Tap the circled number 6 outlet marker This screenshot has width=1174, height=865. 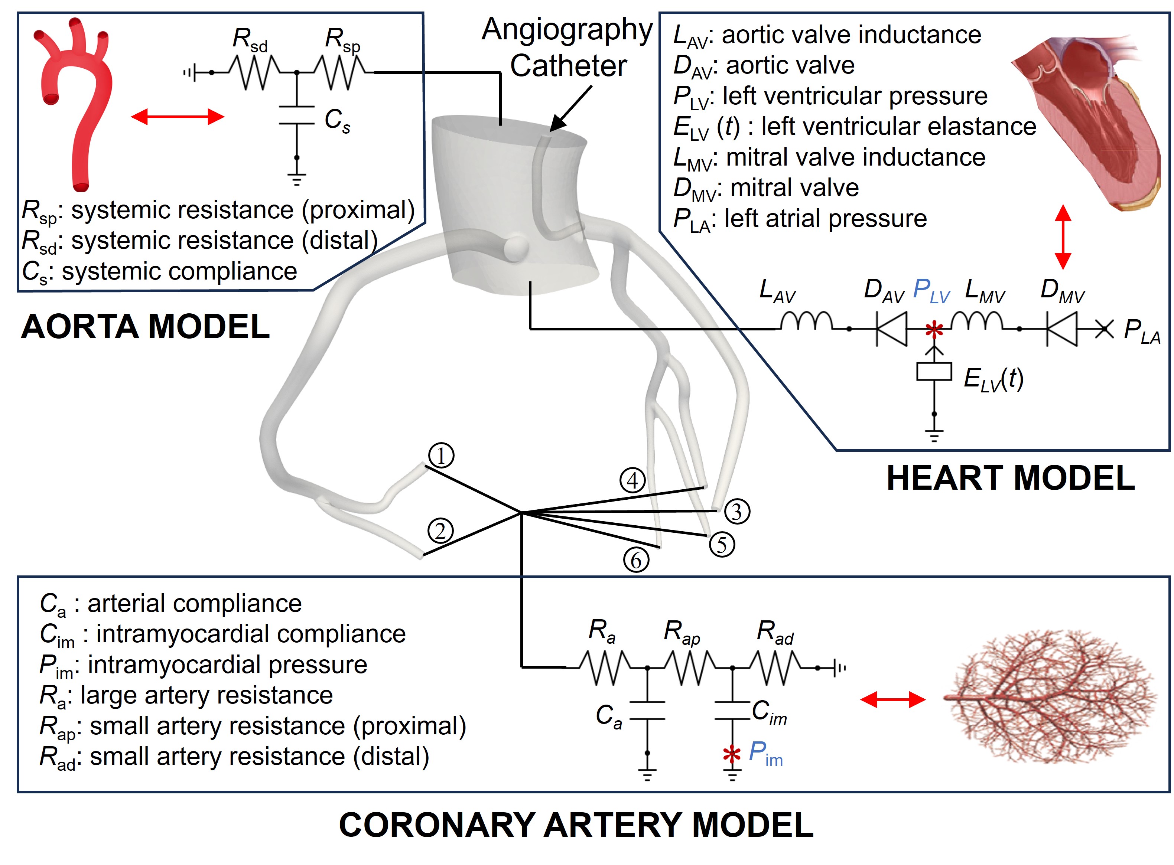635,560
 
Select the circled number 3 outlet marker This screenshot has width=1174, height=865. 736,512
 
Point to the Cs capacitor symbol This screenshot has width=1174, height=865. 296,116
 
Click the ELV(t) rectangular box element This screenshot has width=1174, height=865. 934,372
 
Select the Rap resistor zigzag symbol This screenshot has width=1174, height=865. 689,667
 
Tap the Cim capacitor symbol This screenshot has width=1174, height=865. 732,711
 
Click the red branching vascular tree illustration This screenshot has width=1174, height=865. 1048,699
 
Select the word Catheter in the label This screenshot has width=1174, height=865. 568,66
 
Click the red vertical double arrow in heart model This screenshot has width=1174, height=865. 1063,237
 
